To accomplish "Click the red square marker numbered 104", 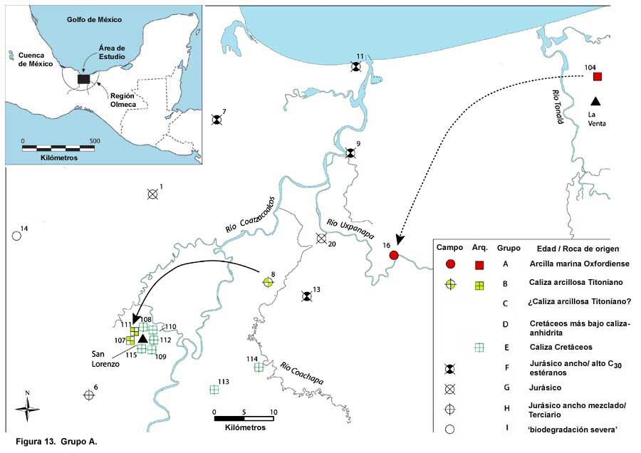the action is [x=598, y=76].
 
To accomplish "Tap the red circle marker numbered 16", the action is [x=394, y=256].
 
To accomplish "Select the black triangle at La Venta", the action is [x=595, y=101].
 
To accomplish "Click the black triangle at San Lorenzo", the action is [x=142, y=338].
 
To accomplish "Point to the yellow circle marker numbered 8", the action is [x=268, y=282].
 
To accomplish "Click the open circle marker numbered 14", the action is [x=16, y=236].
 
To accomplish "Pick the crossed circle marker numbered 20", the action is [x=321, y=238].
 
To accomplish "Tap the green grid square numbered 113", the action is [x=214, y=390].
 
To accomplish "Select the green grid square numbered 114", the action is [x=259, y=368].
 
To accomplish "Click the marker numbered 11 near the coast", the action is [x=357, y=67].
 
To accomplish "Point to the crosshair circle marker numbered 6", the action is [x=89, y=395].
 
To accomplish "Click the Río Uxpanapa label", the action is [x=350, y=229].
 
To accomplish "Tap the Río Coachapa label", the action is [x=302, y=373].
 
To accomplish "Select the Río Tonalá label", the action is [x=558, y=107].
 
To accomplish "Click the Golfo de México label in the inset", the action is [x=95, y=19].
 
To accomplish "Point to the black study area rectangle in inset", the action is [x=83, y=79].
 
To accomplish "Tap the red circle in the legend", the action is [x=450, y=264].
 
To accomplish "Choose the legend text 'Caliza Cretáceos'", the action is [x=561, y=347].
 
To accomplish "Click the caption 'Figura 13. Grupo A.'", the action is [x=56, y=442].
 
